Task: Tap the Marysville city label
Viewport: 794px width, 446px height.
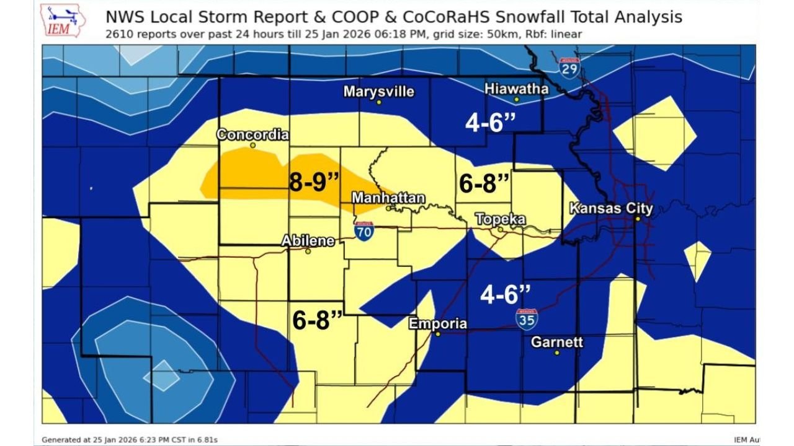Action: pos(378,92)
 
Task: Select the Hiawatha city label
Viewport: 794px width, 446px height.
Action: pos(516,89)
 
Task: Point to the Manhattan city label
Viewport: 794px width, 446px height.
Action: pos(388,198)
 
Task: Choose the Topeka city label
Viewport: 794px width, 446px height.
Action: pos(500,219)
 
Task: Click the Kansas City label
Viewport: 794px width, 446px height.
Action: pos(611,208)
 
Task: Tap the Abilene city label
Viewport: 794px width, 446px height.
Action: pos(308,241)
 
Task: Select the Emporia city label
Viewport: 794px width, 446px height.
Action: pos(437,323)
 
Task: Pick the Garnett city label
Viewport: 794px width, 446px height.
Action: pos(557,342)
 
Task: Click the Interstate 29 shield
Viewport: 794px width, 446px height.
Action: pos(569,67)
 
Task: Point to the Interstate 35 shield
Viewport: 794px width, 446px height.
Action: pos(526,319)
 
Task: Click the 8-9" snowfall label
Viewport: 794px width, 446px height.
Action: pos(314,183)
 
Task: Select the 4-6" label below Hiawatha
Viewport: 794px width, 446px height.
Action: pos(491,122)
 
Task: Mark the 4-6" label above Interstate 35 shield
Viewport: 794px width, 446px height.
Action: pos(506,295)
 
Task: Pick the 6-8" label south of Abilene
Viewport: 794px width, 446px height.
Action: pos(318,320)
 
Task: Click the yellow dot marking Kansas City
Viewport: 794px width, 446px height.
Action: pos(637,219)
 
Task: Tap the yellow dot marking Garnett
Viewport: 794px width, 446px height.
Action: pos(557,352)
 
